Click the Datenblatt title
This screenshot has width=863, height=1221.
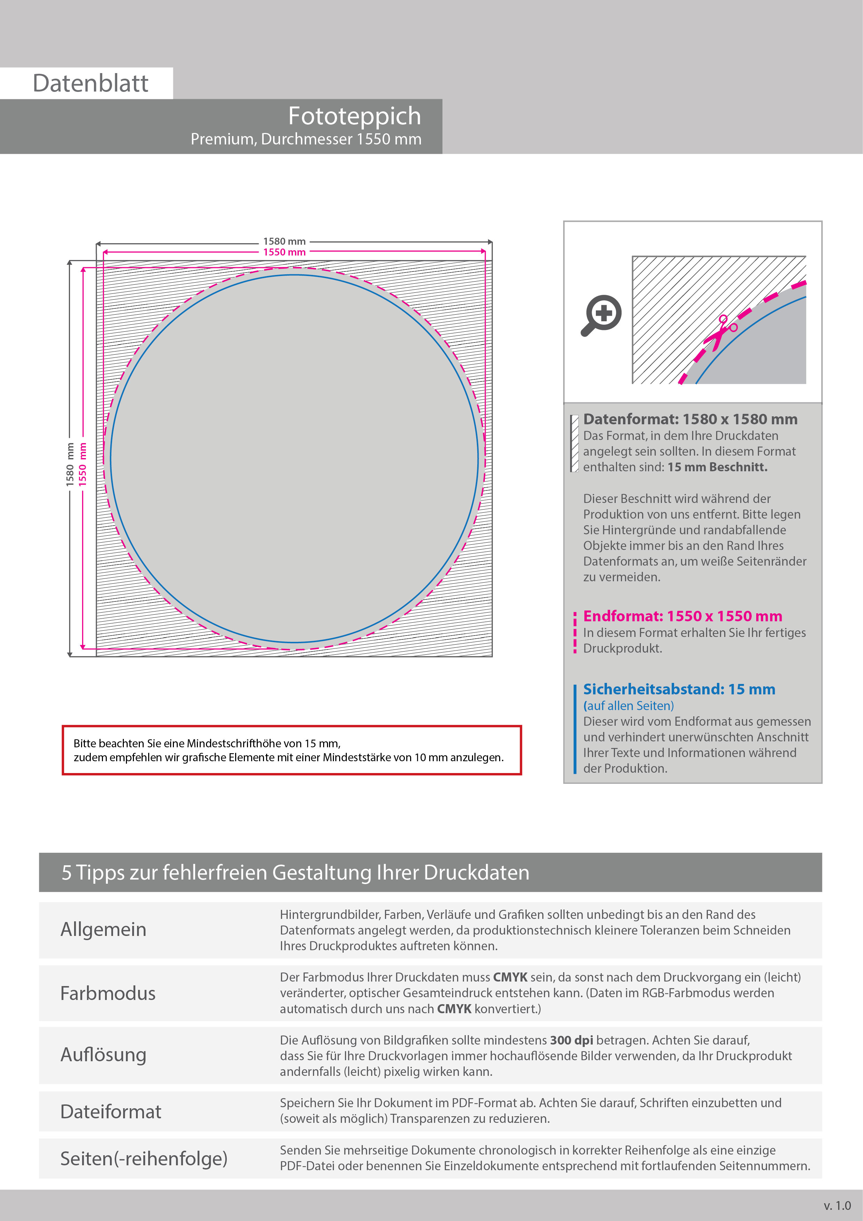(x=90, y=84)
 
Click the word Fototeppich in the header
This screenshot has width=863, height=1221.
(x=354, y=116)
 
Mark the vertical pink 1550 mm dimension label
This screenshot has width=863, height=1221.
(x=82, y=464)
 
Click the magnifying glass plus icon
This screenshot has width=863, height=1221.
(x=601, y=315)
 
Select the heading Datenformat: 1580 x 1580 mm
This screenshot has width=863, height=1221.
(x=690, y=419)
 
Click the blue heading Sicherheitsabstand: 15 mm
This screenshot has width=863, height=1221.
(x=679, y=689)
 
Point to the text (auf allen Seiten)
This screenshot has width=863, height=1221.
(x=629, y=706)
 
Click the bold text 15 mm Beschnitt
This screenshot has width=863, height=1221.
(x=717, y=467)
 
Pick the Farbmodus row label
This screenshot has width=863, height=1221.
(x=108, y=993)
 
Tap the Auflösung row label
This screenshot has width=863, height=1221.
(x=104, y=1055)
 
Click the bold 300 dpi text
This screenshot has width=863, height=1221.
(x=571, y=1040)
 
